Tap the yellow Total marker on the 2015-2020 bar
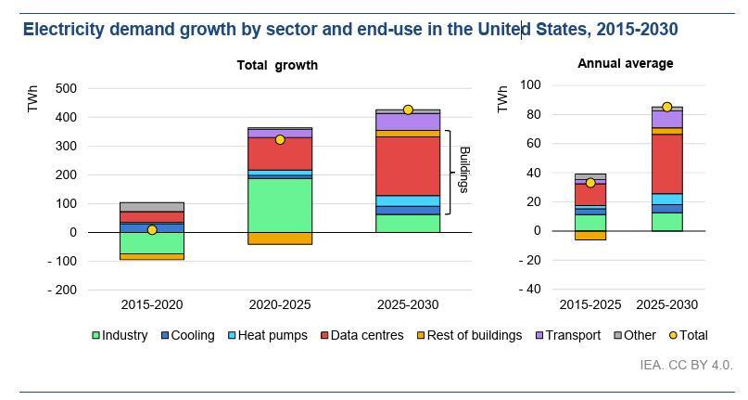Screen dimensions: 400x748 pyautogui.click(x=152, y=229)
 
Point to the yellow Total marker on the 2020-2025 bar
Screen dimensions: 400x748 pyautogui.click(x=280, y=139)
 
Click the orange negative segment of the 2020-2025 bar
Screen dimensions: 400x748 pyautogui.click(x=280, y=239)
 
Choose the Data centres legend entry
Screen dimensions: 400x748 pyautogui.click(x=361, y=335)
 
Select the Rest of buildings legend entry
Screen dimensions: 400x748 pyautogui.click(x=470, y=335)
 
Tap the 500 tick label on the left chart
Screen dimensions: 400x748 pyautogui.click(x=65, y=88)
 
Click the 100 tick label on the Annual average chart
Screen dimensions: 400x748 pyautogui.click(x=530, y=84)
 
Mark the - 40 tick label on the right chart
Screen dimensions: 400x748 pyautogui.click(x=528, y=289)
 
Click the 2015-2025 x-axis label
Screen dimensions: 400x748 pyautogui.click(x=590, y=304)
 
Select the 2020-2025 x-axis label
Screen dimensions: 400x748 pyautogui.click(x=280, y=304)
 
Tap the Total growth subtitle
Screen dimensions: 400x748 pyautogui.click(x=277, y=65)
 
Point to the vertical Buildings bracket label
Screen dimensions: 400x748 pyautogui.click(x=464, y=169)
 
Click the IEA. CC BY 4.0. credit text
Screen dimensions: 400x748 pyautogui.click(x=686, y=365)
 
